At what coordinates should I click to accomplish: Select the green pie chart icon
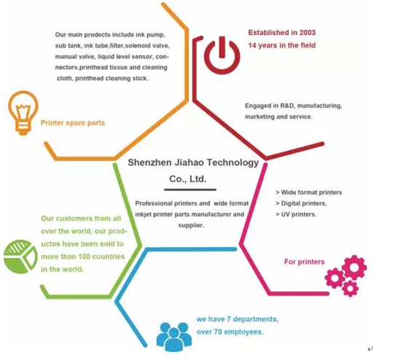(x=20, y=257)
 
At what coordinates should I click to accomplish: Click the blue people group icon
(x=174, y=337)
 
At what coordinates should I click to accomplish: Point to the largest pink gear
(x=354, y=267)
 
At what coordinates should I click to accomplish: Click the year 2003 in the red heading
(x=308, y=33)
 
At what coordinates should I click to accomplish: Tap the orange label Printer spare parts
(x=73, y=123)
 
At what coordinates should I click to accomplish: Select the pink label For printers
(x=304, y=262)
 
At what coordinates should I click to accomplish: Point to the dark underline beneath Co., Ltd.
(x=190, y=189)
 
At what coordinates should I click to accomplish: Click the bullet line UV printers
(x=296, y=214)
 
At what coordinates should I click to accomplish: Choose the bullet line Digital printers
(x=301, y=203)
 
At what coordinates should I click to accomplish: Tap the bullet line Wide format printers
(x=308, y=192)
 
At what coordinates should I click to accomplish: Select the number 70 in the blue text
(x=218, y=332)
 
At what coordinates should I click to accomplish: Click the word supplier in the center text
(x=190, y=225)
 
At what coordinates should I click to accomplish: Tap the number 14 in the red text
(x=252, y=45)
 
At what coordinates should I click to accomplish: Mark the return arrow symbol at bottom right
(x=370, y=349)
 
